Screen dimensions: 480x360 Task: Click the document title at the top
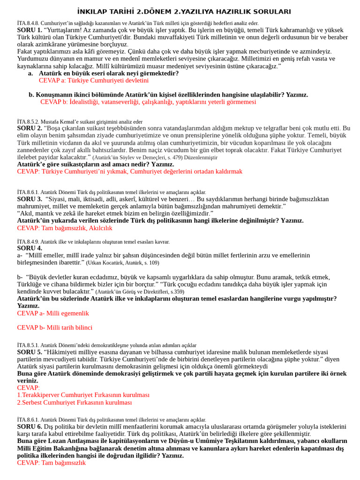tap(183, 11)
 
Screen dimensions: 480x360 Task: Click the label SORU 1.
tap(30, 30)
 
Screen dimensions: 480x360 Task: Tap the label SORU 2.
tap(30, 128)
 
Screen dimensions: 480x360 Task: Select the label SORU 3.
tap(30, 199)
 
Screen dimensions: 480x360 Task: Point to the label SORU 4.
tap(30, 248)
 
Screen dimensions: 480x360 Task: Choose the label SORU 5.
tap(30, 352)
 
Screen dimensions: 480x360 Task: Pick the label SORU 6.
tap(30, 427)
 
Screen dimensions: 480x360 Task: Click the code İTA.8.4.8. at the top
tap(28, 23)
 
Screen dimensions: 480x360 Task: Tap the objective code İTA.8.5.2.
tap(28, 121)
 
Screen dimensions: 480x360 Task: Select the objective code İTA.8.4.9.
tap(28, 242)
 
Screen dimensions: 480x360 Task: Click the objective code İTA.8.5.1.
tap(28, 345)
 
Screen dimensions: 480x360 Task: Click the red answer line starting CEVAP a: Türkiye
tap(94, 81)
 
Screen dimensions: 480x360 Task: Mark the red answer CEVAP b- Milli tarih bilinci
tap(55, 328)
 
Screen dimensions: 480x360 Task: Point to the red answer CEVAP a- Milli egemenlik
tap(53, 313)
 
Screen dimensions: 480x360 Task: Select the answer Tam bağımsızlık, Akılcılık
tap(65, 228)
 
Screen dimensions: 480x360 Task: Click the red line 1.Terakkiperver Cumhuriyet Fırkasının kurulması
tap(83, 395)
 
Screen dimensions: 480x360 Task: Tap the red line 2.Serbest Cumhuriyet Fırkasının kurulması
tap(75, 402)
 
